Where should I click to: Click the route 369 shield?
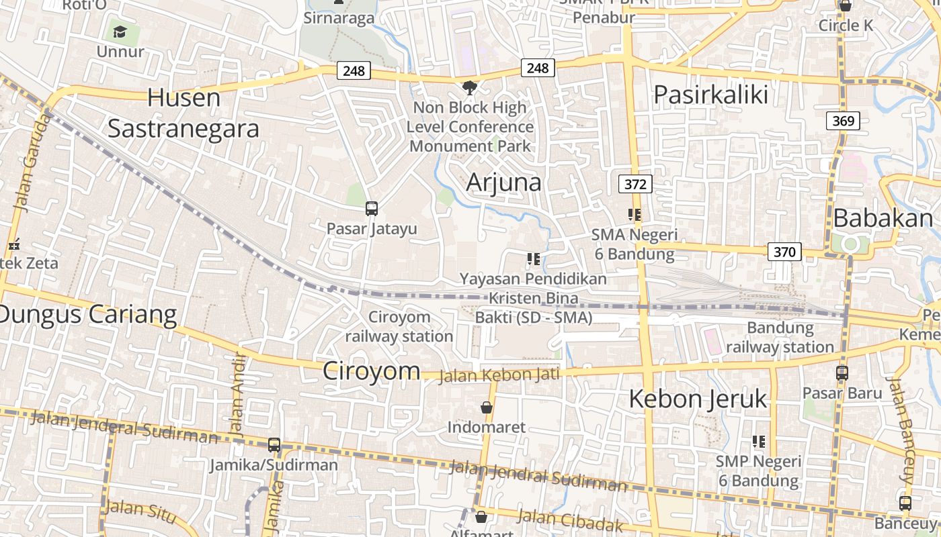[843, 121]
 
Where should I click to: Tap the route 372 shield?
[635, 184]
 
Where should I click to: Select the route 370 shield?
[784, 252]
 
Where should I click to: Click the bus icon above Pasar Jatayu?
[372, 209]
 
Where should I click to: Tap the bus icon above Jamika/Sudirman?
[274, 444]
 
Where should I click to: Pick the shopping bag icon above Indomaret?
[487, 407]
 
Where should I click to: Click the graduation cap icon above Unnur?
[120, 32]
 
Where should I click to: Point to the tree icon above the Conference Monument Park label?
[469, 87]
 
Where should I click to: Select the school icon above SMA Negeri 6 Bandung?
[634, 215]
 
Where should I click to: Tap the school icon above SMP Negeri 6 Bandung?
[758, 442]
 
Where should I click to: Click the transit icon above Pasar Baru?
[842, 373]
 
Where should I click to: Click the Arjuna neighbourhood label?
[503, 182]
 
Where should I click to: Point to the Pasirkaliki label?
[710, 95]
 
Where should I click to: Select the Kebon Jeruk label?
[698, 399]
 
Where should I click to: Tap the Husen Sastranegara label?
[183, 113]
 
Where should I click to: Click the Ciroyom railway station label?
[399, 326]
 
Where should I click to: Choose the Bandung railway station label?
[780, 338]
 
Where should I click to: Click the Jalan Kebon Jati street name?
[499, 375]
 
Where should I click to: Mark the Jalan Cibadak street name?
[571, 520]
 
